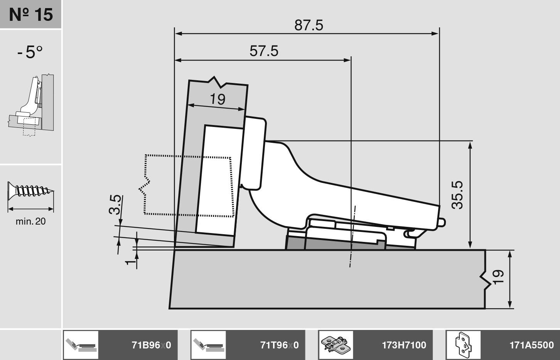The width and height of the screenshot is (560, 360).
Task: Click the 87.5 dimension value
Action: (x=309, y=25)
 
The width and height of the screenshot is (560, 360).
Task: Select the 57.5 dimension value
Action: (x=264, y=51)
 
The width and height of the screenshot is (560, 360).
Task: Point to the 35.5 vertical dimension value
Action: (x=457, y=195)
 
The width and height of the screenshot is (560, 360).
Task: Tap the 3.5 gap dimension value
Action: (x=115, y=205)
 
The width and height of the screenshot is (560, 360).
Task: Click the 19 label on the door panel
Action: (x=218, y=99)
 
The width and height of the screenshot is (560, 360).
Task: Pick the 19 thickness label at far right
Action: (x=498, y=277)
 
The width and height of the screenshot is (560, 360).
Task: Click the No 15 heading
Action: (x=31, y=14)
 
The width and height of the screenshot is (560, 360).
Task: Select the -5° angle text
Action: (x=30, y=52)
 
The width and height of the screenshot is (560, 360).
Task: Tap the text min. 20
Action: (x=30, y=221)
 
